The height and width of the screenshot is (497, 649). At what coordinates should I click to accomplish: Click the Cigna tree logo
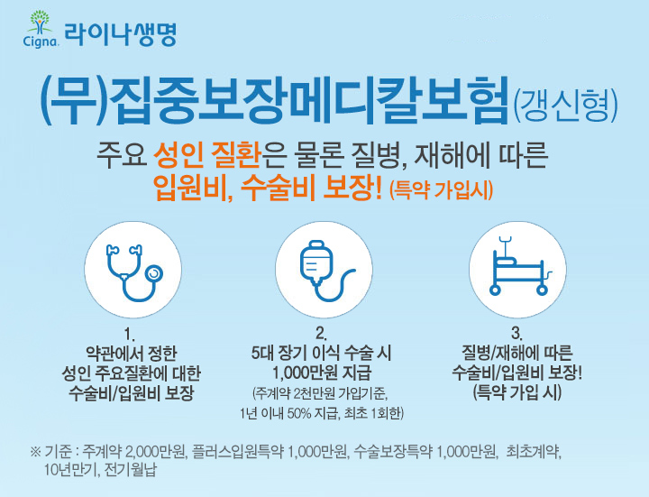click(x=41, y=29)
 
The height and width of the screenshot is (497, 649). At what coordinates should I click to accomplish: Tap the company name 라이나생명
click(x=121, y=35)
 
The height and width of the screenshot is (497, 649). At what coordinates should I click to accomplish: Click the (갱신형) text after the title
click(x=565, y=106)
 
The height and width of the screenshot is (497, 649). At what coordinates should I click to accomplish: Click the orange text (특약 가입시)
click(x=441, y=191)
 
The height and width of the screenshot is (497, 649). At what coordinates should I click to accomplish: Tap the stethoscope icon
click(x=133, y=272)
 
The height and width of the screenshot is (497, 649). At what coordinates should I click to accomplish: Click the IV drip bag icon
click(x=326, y=271)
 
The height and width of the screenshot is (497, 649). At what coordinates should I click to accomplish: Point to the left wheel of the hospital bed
click(x=495, y=290)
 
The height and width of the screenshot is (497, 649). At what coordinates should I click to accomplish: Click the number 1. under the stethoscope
click(x=131, y=335)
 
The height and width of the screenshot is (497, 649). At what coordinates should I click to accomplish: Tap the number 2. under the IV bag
click(x=322, y=334)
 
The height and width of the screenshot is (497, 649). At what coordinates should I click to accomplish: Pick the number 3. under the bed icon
click(x=516, y=334)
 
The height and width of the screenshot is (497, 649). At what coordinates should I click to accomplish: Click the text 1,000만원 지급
click(x=322, y=373)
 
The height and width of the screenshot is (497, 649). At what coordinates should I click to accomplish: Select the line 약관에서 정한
click(x=131, y=354)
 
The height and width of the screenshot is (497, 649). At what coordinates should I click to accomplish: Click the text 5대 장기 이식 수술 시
click(x=321, y=353)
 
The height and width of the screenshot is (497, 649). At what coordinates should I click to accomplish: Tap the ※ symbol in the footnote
click(x=35, y=451)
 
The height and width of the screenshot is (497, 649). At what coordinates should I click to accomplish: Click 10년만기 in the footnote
click(x=69, y=470)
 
